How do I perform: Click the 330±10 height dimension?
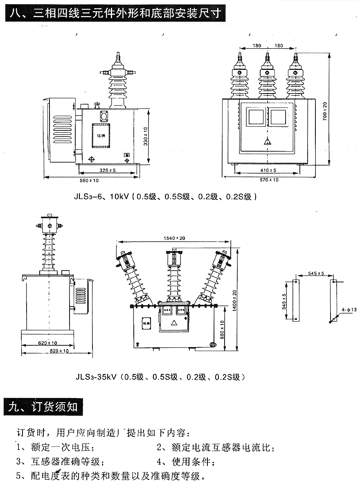[x=146, y=137]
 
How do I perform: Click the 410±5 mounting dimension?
[x=268, y=170]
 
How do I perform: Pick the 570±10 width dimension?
[x=268, y=180]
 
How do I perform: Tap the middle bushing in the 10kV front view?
[x=267, y=78]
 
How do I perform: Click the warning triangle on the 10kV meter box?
[x=267, y=141]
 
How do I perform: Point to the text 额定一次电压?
[x=63, y=448]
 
